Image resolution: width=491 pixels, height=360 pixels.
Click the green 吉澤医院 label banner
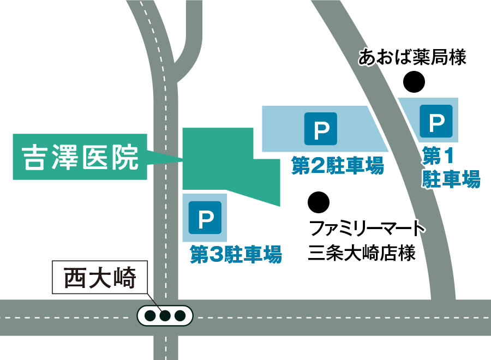click(80, 157)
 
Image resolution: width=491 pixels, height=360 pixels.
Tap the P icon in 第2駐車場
click(321, 129)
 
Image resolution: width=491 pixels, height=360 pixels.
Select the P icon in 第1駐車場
click(436, 121)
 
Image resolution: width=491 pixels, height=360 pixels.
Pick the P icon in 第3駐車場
click(205, 218)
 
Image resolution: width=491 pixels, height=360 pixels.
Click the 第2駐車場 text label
click(338, 165)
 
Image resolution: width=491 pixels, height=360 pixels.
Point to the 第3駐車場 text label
click(236, 254)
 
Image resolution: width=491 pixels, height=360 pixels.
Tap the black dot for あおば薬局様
click(414, 82)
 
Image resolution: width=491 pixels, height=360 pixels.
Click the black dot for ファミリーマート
click(319, 202)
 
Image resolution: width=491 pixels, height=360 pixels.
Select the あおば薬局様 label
click(412, 57)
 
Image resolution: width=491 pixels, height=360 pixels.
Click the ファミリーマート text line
click(367, 228)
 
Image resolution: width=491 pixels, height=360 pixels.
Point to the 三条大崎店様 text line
click(362, 253)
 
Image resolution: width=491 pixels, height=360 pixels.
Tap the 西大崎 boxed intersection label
click(100, 277)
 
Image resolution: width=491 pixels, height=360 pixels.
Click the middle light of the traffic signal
click(165, 316)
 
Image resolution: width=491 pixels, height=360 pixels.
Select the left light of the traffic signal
click(151, 316)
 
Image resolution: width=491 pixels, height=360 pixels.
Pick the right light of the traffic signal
click(180, 316)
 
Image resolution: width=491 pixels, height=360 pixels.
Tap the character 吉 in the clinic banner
click(34, 157)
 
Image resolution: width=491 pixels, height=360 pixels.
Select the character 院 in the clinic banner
click(125, 157)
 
